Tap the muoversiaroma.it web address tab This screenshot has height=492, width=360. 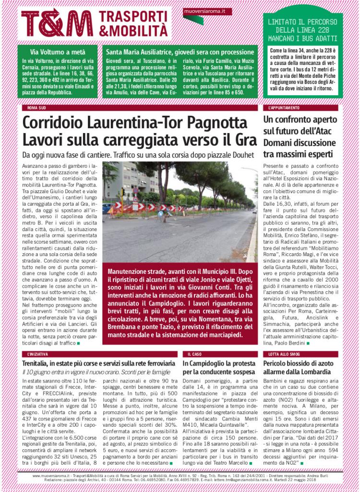coord(205,11)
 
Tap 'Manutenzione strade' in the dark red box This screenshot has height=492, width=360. coord(139,271)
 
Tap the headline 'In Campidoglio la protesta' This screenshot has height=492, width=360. coord(217,363)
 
